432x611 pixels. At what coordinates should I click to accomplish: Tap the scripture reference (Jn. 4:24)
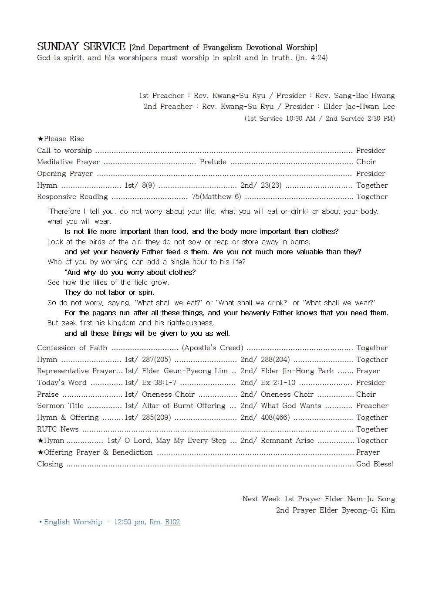(x=311, y=58)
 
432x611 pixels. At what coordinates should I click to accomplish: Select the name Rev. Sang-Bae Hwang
(x=355, y=96)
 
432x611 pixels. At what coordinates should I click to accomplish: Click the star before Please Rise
(x=40, y=139)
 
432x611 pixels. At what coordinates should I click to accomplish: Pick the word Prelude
(x=213, y=162)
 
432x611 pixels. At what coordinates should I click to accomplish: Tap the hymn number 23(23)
(x=271, y=186)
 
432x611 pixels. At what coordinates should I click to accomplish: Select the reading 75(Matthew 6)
(x=216, y=197)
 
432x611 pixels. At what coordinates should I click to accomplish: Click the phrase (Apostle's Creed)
(x=213, y=348)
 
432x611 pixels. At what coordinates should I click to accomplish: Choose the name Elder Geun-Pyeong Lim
(x=185, y=371)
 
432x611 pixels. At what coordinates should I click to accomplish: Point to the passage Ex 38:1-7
(x=159, y=383)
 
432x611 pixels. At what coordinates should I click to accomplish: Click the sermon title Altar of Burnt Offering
(x=183, y=406)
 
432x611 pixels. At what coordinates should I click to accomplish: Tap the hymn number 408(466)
(x=275, y=418)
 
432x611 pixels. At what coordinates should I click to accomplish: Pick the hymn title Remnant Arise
(x=287, y=441)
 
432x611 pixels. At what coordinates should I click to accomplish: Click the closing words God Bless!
(x=375, y=464)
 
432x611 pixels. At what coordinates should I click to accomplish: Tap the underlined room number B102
(x=172, y=522)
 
